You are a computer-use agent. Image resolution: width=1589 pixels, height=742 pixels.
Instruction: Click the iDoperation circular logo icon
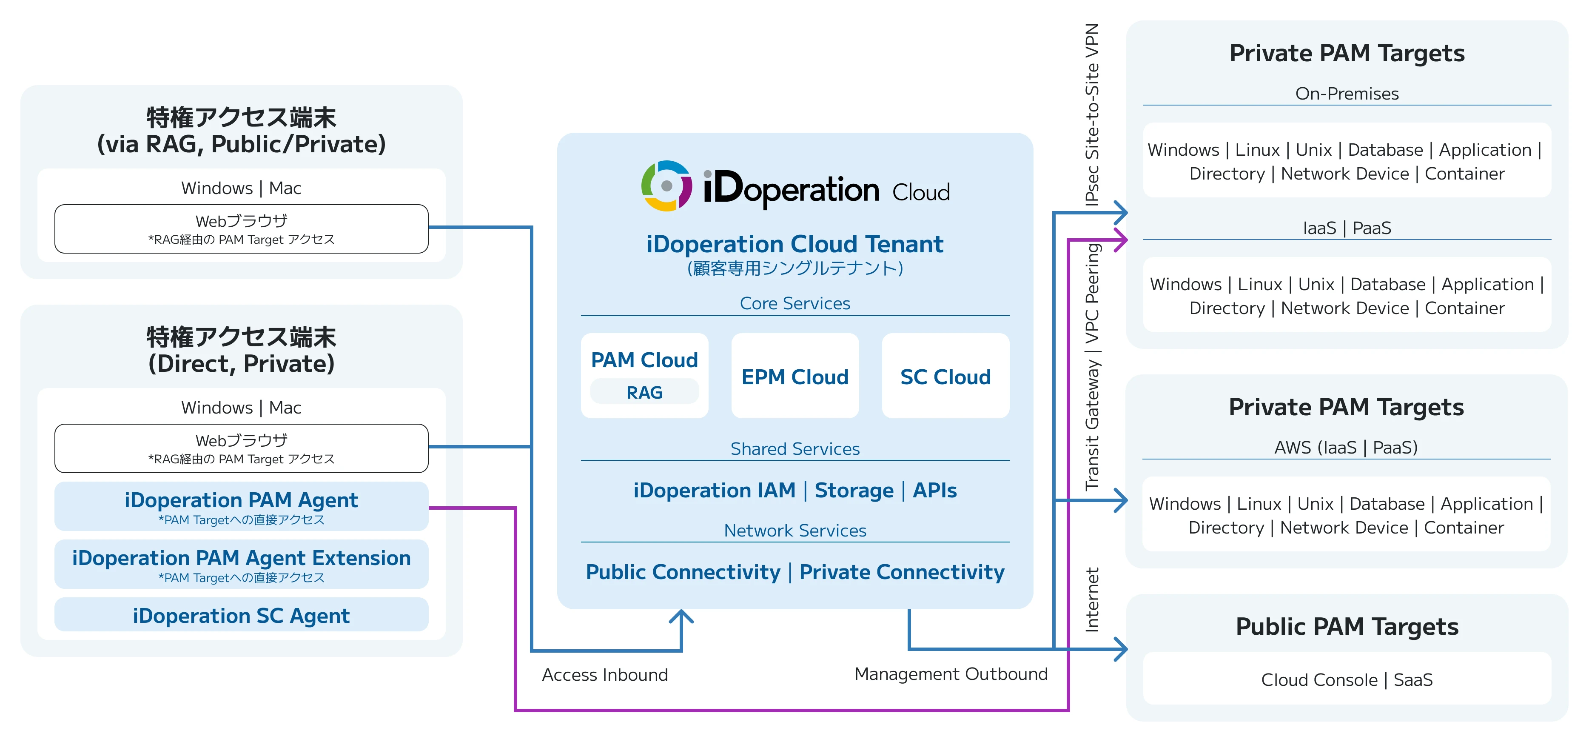click(x=666, y=185)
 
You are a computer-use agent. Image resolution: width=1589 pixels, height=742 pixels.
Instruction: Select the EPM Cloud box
click(x=794, y=376)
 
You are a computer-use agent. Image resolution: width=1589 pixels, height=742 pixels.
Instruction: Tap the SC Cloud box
click(x=945, y=376)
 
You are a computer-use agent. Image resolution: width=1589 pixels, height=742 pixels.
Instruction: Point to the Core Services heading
click(x=794, y=303)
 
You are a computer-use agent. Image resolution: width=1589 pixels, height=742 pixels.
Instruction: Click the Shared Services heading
click(x=794, y=449)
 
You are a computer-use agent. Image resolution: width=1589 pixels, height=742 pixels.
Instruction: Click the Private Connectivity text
click(x=902, y=572)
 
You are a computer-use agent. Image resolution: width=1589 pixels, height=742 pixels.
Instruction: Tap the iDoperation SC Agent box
click(x=241, y=616)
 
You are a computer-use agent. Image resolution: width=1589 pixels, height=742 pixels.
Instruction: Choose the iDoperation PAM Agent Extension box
click(x=241, y=564)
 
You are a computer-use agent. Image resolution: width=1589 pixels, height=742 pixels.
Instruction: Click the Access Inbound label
click(x=604, y=675)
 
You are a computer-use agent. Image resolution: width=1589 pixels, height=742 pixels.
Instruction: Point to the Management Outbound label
click(x=951, y=674)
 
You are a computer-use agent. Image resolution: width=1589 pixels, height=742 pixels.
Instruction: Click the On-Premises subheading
click(x=1347, y=94)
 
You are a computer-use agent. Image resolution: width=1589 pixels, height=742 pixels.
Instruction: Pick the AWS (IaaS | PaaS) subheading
click(x=1346, y=447)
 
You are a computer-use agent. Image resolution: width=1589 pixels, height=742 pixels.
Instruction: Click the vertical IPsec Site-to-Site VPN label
click(x=1092, y=114)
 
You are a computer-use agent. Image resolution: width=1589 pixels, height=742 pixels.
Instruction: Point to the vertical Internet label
click(x=1092, y=599)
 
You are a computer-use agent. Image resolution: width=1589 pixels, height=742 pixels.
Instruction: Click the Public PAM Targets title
click(x=1347, y=627)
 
